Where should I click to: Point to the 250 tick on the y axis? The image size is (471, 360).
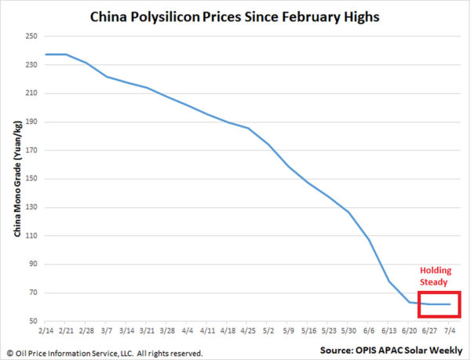pos(31,37)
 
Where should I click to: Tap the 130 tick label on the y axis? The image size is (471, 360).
pos(31,208)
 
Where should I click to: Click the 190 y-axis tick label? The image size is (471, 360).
pos(31,122)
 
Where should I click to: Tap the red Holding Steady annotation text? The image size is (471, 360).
pos(435,275)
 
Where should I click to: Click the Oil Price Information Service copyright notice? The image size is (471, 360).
pos(105,352)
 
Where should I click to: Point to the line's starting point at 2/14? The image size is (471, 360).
pos(46,54)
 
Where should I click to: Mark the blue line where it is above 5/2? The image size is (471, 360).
pos(268,144)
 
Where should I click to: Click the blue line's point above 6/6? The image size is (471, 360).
pos(368,239)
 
